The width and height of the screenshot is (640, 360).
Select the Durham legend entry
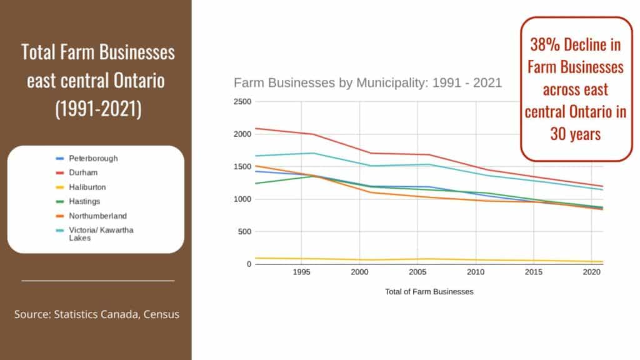tap(83, 172)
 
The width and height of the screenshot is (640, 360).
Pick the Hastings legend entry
tap(84, 201)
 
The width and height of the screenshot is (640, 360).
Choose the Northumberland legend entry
tap(97, 216)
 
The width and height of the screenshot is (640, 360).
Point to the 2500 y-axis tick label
tap(242, 102)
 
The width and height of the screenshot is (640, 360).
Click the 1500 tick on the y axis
tap(242, 167)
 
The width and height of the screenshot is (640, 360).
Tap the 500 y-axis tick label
tap(244, 232)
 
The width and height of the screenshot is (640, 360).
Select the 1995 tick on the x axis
tap(301, 272)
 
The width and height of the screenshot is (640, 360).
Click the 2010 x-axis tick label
tap(476, 272)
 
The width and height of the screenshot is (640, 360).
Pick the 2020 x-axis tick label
tap(592, 272)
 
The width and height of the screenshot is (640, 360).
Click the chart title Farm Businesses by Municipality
tap(367, 82)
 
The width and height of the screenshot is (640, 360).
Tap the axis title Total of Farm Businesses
tap(429, 291)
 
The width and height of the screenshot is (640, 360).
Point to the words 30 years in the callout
tap(576, 134)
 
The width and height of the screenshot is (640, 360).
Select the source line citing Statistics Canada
tap(97, 314)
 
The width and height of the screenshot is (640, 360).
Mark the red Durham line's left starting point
tap(254, 128)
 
